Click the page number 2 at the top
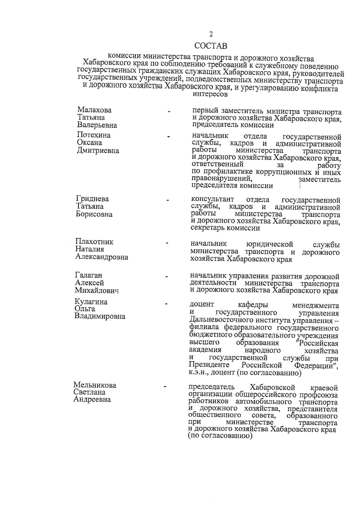[211, 34]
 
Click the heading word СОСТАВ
[211, 46]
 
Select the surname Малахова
[94, 110]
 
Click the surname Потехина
[94, 135]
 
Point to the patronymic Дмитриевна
[98, 151]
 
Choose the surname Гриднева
[92, 199]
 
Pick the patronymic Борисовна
[94, 214]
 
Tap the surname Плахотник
[94, 241]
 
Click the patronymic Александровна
[101, 257]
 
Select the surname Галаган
[88, 275]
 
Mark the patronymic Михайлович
[97, 291]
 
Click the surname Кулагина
[91, 302]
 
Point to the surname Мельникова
[95, 385]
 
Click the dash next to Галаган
[167, 276]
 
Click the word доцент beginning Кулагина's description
[202, 304]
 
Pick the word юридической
[269, 244]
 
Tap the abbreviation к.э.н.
[199, 373]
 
